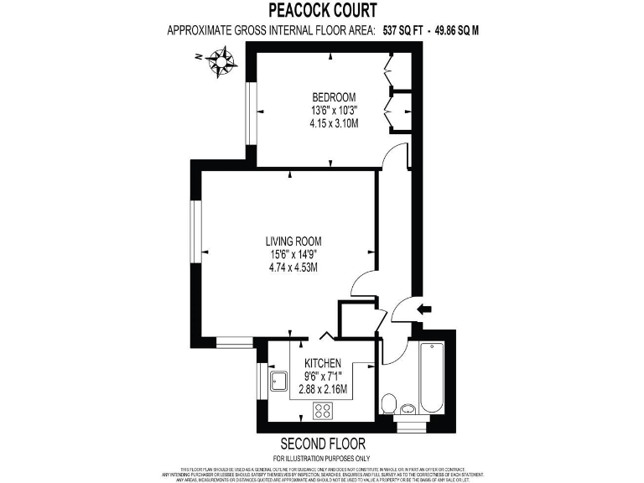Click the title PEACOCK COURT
(322, 10)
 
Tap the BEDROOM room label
(334, 96)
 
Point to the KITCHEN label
(323, 363)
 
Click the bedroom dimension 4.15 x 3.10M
(334, 123)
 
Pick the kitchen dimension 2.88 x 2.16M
(323, 390)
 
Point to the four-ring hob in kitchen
(323, 411)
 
